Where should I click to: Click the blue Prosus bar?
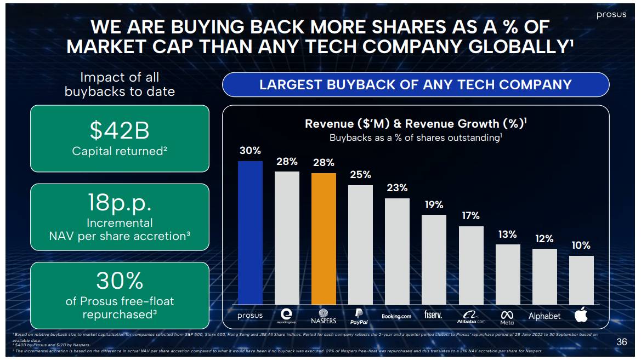pos(250,232)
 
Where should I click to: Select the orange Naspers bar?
pos(324,238)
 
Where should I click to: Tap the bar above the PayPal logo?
pos(360,244)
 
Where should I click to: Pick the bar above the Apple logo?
pos(581,279)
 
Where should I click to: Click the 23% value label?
pos(397,188)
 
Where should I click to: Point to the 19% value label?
pos(434,205)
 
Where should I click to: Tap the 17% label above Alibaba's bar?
pos(470,216)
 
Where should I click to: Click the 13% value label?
pos(507,235)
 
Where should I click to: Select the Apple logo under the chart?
pos(581,315)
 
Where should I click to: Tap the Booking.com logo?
pos(396,316)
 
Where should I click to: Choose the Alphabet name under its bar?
pos(544,316)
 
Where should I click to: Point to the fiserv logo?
pos(433,315)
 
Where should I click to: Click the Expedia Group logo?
pos(287,315)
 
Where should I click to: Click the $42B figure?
pos(120,131)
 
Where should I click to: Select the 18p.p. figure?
pos(120,203)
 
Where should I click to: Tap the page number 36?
pos(621,342)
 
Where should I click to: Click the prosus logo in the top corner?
pos(611,15)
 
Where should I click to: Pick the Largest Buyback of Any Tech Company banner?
pos(415,85)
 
